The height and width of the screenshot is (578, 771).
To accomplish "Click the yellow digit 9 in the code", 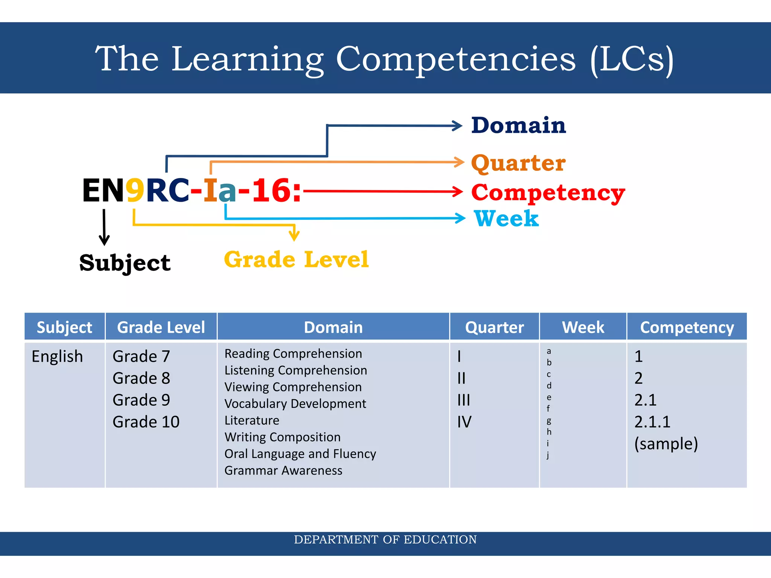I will pos(135,191).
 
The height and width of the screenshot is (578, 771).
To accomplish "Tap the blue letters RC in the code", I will pos(167,191).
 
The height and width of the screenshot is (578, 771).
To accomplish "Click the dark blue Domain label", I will pos(518,125).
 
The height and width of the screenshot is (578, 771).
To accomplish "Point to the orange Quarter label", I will pos(518,163).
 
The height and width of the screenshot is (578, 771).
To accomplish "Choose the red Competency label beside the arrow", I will pos(548,193).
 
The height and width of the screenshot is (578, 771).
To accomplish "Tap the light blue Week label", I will pos(506,219).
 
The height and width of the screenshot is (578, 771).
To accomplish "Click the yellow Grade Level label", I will pos(296,260).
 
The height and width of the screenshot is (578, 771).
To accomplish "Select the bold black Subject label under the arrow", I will pos(125,263).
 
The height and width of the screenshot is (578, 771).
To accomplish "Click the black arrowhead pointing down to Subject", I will pos(104,240).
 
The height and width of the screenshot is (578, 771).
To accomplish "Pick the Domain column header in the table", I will pos(333,327).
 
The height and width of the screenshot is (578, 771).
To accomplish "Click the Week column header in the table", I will pos(583,327).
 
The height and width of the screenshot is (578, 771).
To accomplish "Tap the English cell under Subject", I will pos(57,356).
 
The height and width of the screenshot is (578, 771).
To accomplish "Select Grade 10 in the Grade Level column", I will pos(146,422).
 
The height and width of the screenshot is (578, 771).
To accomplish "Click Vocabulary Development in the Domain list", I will pos(295,404).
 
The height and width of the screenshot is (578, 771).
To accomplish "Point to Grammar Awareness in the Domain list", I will pos(283,471).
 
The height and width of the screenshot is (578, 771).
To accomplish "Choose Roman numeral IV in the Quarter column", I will pos(464,422).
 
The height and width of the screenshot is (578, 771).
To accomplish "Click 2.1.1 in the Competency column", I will pos(652,422).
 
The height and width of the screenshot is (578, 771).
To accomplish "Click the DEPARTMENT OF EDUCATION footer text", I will pos(385,540).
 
